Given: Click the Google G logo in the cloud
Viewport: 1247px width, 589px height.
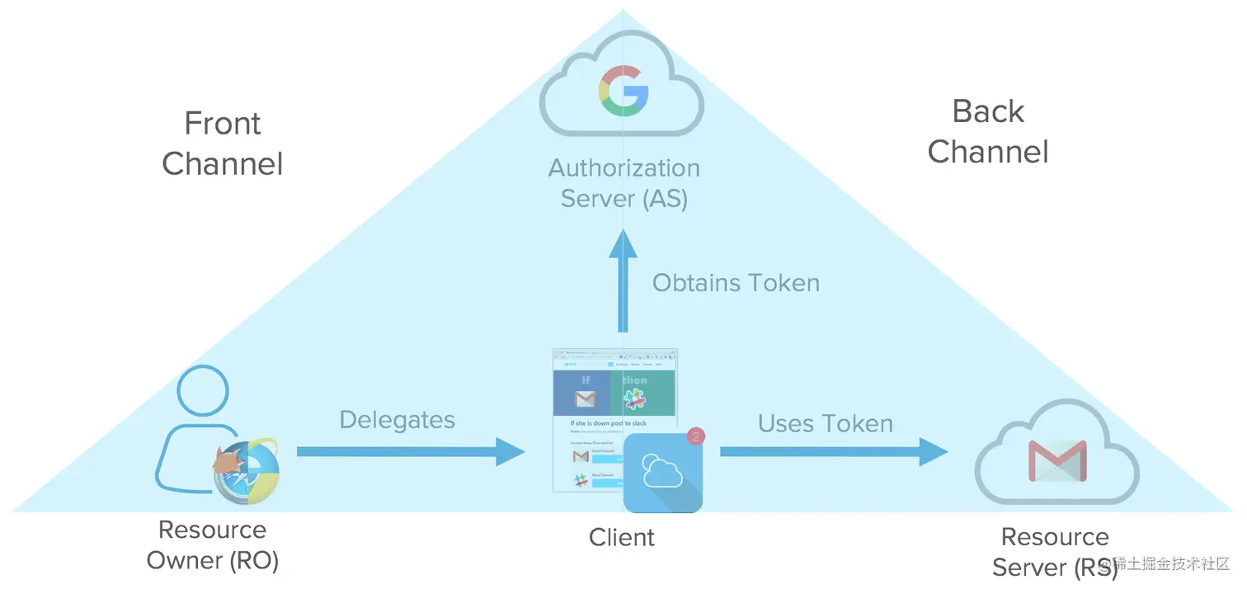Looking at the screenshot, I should tap(623, 91).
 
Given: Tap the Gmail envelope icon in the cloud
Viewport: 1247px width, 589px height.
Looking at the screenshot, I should tap(1057, 461).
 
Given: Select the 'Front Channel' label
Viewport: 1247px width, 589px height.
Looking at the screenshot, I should tap(223, 144).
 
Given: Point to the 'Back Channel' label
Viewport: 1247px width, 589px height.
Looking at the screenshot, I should tap(988, 131).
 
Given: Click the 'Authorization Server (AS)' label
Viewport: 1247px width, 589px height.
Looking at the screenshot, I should tap(624, 183).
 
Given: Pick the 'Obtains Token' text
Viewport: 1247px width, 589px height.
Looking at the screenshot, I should tap(736, 283).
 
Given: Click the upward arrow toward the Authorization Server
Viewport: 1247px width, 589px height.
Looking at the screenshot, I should tap(623, 280).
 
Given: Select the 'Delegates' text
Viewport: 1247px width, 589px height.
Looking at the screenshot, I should tap(398, 420).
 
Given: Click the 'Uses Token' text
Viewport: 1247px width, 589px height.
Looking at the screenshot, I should tap(826, 424).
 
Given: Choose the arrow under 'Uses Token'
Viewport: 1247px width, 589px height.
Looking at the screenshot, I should tap(833, 451).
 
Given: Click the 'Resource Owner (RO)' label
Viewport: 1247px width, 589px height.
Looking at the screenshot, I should tap(213, 545).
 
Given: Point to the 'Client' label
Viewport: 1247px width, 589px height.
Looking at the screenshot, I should tap(622, 538).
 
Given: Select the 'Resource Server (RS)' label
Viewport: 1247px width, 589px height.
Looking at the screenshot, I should tap(1054, 552).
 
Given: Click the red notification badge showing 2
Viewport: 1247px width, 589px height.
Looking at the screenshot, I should tap(695, 436).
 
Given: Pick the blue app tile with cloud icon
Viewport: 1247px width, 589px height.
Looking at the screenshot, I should tap(662, 474).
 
